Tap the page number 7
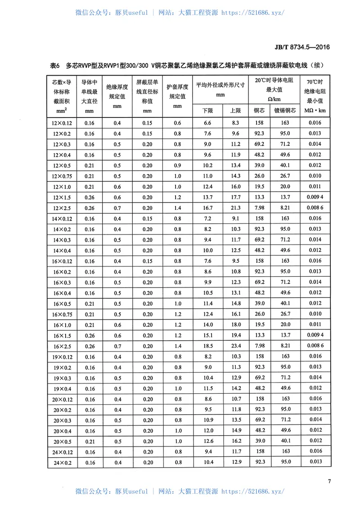point(329,482)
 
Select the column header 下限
point(207,110)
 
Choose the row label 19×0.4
point(62,388)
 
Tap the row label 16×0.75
point(62,314)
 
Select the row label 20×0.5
point(62,441)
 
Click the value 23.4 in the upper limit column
point(235,346)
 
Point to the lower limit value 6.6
point(207,123)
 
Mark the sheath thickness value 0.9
point(177,165)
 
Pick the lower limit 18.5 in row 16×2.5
point(207,346)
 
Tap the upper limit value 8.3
point(235,123)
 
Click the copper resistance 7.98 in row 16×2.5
point(259,346)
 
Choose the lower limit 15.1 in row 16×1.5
point(207,335)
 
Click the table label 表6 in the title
point(54,66)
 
